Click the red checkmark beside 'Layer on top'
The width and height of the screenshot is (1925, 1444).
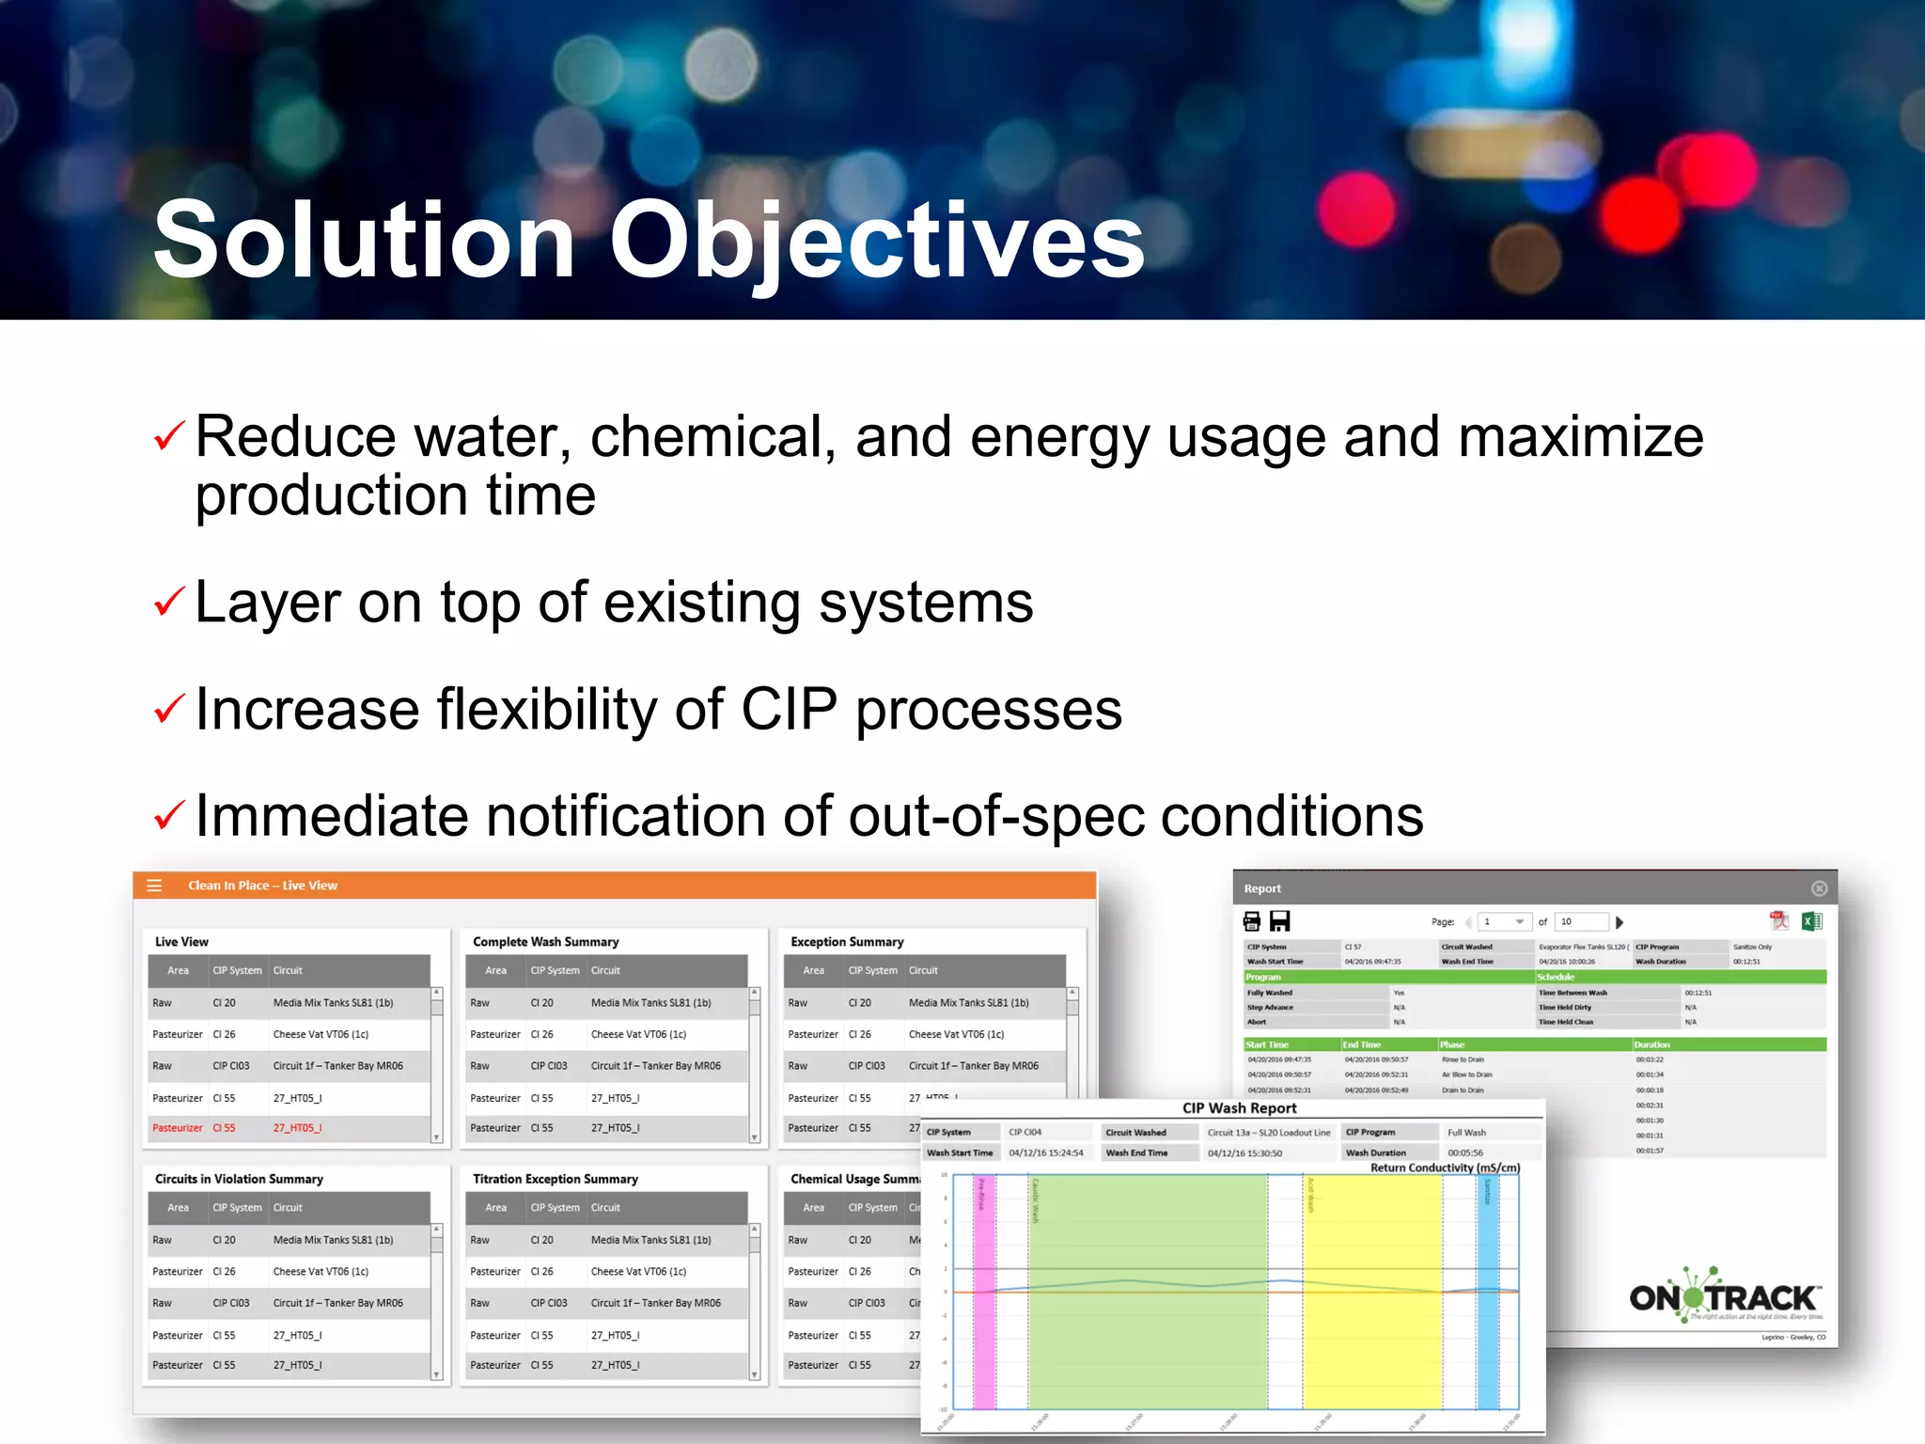(x=169, y=602)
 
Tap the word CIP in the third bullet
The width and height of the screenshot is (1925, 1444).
(x=788, y=709)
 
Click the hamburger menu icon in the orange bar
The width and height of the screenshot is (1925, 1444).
(x=155, y=886)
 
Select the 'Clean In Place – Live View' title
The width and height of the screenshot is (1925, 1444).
(x=262, y=886)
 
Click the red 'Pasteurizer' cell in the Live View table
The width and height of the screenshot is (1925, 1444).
(x=177, y=1128)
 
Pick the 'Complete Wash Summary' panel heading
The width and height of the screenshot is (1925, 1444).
(x=545, y=941)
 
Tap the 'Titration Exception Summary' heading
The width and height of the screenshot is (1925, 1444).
(x=555, y=1179)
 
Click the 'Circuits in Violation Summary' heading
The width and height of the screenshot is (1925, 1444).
(x=239, y=1179)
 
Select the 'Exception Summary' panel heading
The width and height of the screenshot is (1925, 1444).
(x=847, y=941)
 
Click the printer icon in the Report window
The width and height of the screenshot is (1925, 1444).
(x=1252, y=921)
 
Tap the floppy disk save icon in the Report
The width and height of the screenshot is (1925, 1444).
(x=1280, y=921)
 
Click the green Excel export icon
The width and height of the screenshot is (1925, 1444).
(x=1811, y=921)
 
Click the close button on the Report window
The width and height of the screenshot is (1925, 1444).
(x=1819, y=888)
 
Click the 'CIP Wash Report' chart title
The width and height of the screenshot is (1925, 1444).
(x=1239, y=1108)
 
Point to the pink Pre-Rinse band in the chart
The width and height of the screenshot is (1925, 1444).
(x=984, y=1297)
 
